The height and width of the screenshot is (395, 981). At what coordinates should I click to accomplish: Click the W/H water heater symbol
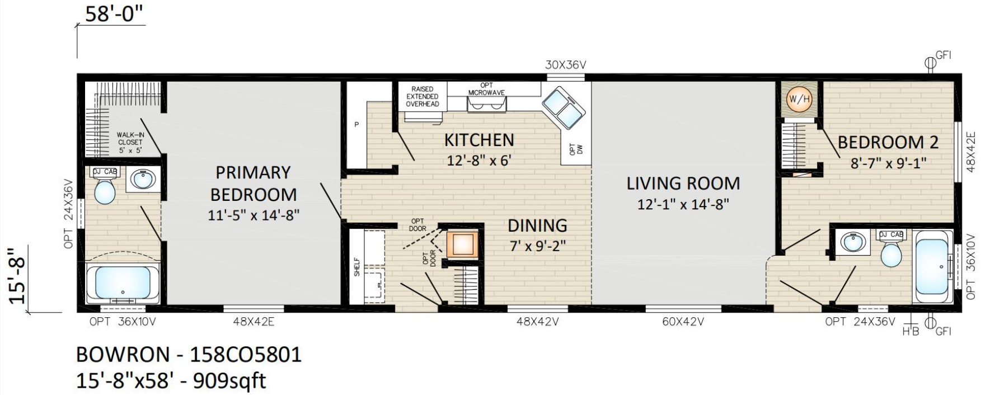(798, 100)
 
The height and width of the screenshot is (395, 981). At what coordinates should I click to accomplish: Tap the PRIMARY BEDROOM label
(253, 184)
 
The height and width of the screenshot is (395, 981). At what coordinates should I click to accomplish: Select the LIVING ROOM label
(683, 183)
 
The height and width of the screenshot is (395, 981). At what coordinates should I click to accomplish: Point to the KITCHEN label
(479, 139)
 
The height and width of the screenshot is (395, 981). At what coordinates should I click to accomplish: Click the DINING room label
(537, 225)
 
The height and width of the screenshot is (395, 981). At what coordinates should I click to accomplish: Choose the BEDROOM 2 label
(888, 142)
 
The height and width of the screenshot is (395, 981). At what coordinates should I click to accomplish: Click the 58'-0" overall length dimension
(115, 15)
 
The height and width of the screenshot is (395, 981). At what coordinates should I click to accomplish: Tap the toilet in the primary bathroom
(105, 188)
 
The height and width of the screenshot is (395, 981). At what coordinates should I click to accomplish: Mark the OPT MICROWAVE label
(486, 89)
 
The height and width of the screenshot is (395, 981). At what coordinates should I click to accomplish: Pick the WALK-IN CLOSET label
(130, 142)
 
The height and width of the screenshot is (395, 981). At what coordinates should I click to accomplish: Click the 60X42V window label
(683, 322)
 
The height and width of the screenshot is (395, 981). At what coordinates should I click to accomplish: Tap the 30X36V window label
(565, 65)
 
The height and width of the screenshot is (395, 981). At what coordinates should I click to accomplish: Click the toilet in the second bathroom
(891, 250)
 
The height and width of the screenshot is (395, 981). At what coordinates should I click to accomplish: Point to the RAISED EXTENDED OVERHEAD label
(422, 96)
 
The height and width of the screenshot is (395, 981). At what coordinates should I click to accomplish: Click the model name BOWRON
(123, 355)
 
